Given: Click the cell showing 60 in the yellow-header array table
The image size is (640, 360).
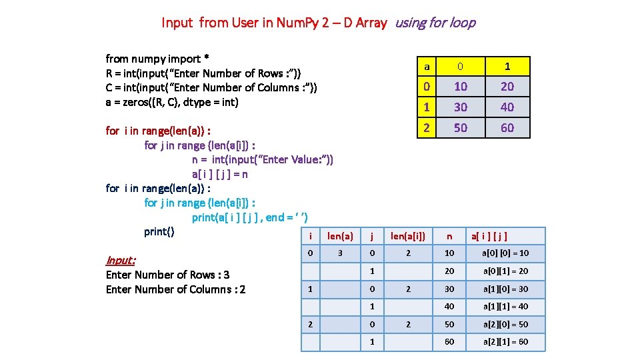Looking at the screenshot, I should point(507,127).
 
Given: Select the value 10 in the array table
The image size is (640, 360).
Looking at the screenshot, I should point(461,87).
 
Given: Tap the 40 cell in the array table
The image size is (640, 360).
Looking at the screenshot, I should point(507,107).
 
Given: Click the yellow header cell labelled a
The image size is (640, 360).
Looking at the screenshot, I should point(427,66).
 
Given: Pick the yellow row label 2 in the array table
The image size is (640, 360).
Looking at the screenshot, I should point(427,127).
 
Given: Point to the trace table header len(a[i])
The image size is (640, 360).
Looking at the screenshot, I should point(407,235).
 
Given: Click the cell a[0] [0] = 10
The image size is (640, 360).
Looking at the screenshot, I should point(505,253).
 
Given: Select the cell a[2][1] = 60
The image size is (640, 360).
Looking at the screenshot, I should point(505,341).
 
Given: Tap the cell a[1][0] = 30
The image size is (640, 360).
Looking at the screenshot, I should point(505,289).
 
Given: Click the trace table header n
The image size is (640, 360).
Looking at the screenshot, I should point(449,235).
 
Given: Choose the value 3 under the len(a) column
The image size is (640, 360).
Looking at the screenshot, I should point(341,253).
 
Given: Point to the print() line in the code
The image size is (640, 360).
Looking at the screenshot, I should point(159,231).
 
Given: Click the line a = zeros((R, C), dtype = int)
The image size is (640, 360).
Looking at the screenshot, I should point(172,102).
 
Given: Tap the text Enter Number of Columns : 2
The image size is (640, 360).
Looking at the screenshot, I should point(175,289).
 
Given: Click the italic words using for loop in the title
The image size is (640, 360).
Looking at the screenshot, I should point(435,23).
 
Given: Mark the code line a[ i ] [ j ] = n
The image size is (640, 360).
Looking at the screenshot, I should point(220,174).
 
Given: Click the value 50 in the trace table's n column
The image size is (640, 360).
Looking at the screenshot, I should point(449,324).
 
